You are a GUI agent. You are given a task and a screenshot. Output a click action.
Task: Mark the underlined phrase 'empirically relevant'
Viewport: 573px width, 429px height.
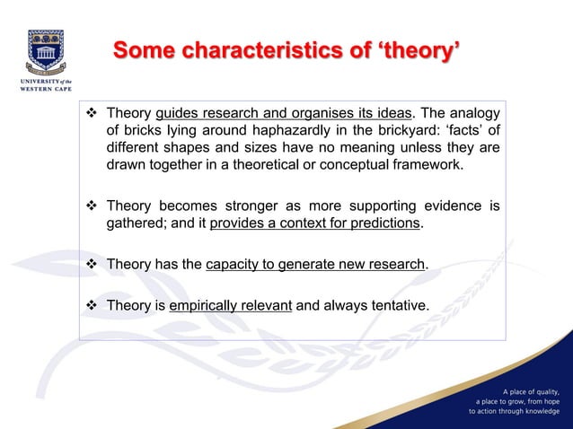230,306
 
